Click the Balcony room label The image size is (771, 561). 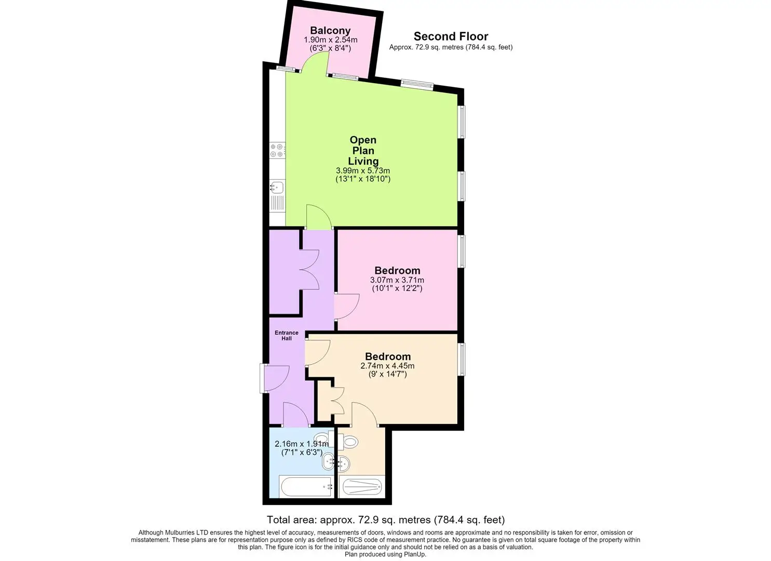click(x=330, y=30)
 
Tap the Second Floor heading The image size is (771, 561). click(x=451, y=36)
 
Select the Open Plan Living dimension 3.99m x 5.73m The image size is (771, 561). click(x=363, y=170)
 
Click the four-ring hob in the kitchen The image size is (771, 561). click(x=277, y=151)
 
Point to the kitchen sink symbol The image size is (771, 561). click(x=277, y=187)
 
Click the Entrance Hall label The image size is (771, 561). click(x=287, y=336)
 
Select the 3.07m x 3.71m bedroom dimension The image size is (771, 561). click(x=397, y=280)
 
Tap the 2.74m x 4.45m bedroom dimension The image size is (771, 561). click(x=387, y=366)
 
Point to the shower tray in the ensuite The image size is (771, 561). click(x=361, y=487)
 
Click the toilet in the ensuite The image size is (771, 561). click(x=347, y=441)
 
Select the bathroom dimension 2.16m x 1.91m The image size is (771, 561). click(x=302, y=444)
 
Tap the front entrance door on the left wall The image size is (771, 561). click(x=275, y=379)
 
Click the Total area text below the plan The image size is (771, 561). click(x=385, y=519)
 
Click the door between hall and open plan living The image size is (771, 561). click(x=319, y=217)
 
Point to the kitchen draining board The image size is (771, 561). click(x=277, y=203)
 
